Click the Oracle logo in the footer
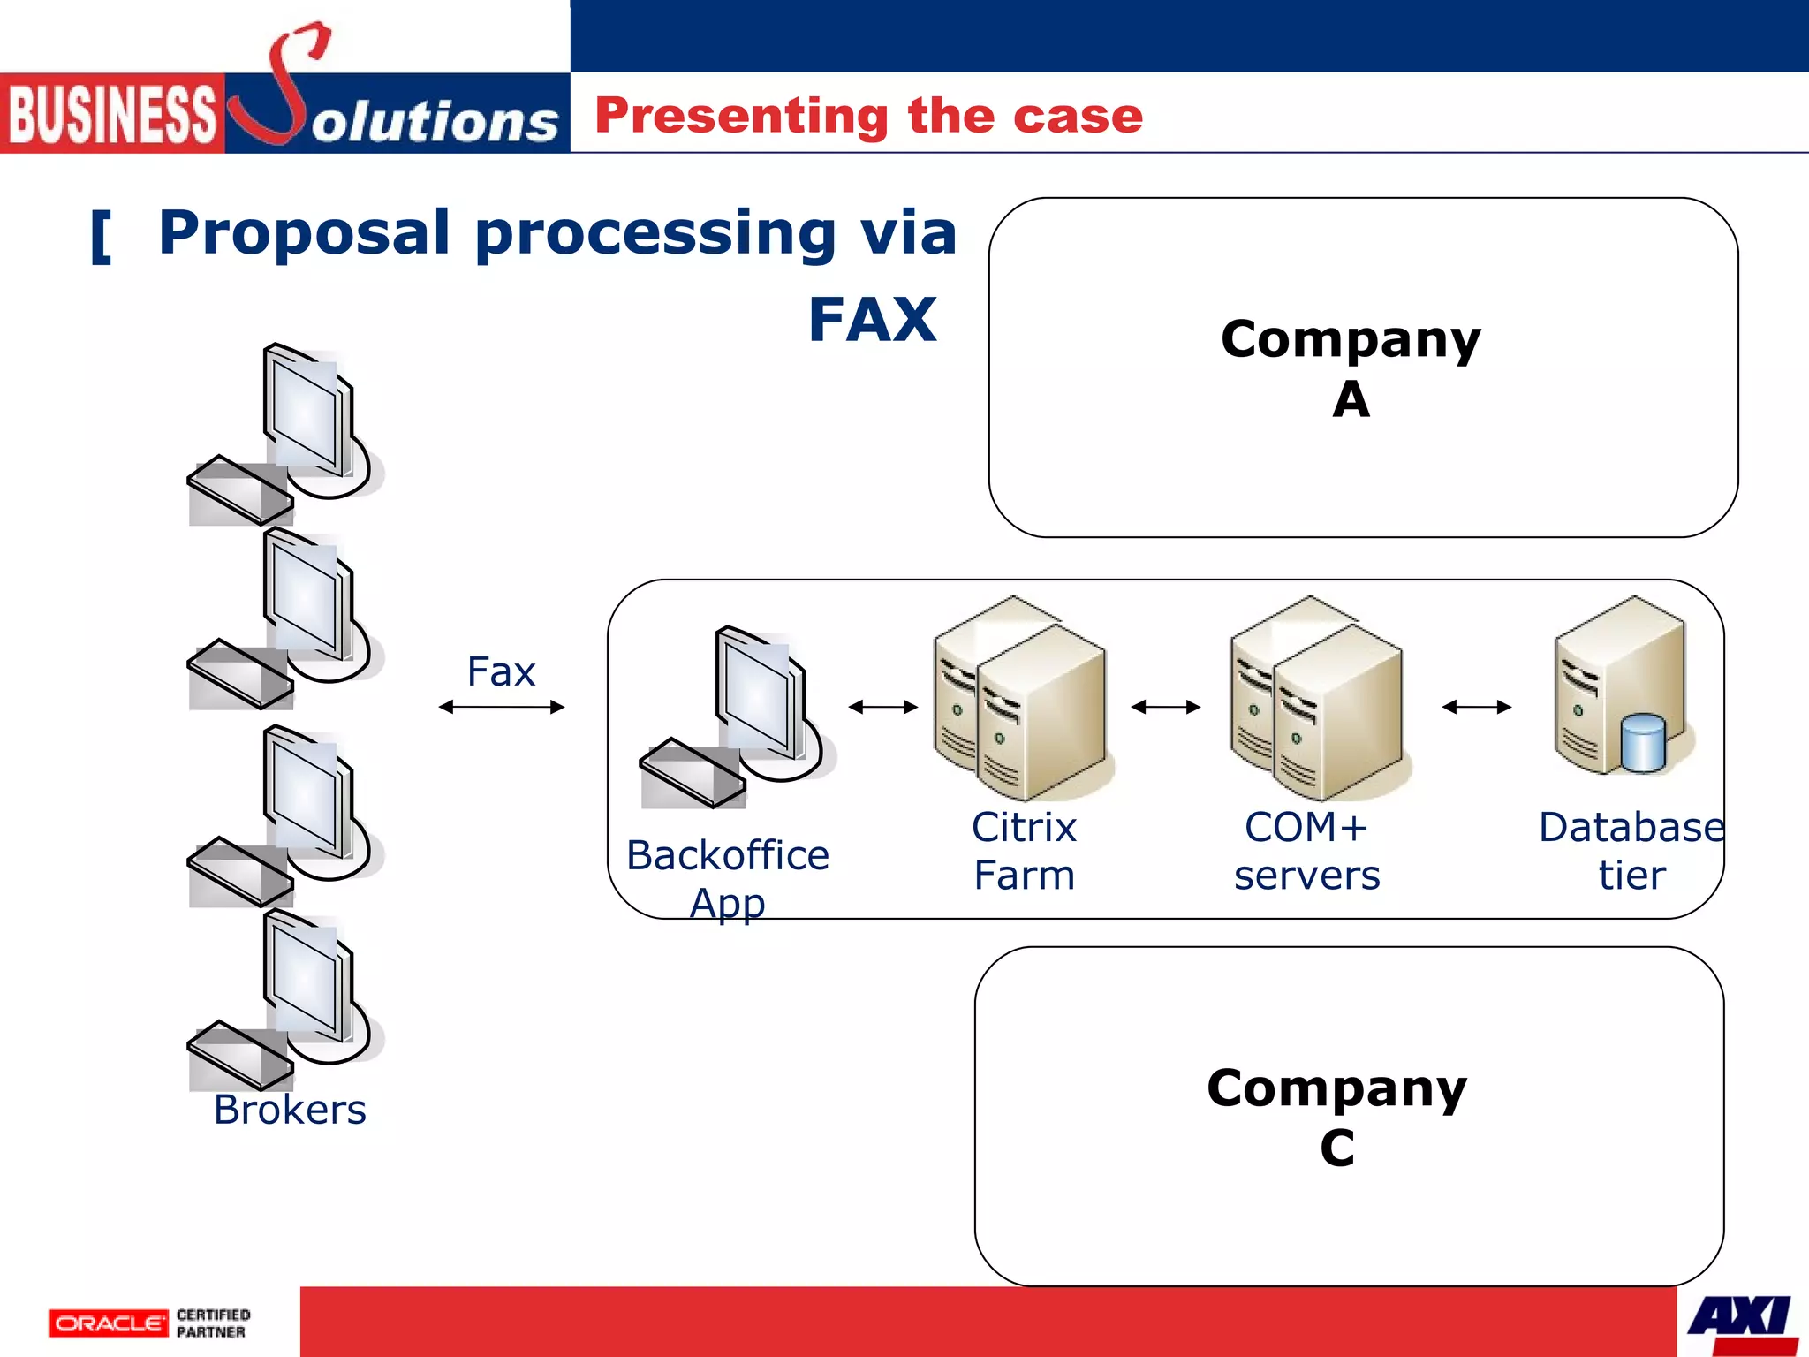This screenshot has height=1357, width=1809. pos(108,1323)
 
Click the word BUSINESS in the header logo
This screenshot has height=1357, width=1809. pos(111,115)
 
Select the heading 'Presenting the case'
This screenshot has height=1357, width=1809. pos(868,116)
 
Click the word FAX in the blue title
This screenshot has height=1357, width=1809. pos(872,320)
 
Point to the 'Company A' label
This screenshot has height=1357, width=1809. pos(1351,368)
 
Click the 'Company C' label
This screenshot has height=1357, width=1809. pos(1336,1117)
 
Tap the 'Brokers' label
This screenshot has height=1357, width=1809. pos(290,1110)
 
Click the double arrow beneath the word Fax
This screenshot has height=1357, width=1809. pos(501,707)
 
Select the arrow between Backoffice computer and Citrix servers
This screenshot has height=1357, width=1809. pos(882,707)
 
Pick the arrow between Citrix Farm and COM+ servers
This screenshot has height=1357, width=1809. pos(1165,707)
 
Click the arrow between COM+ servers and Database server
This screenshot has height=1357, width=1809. pos(1476,707)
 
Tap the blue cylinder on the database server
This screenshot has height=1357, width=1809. pos(1642,744)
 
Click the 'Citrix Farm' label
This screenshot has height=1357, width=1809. pos(1024,851)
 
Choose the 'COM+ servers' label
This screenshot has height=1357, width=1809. pos(1306,851)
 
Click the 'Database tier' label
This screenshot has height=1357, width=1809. pos(1631,851)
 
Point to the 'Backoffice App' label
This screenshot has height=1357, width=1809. pos(727,878)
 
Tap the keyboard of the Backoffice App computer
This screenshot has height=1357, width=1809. pos(693,774)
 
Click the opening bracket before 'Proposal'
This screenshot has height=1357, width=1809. pos(102,237)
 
